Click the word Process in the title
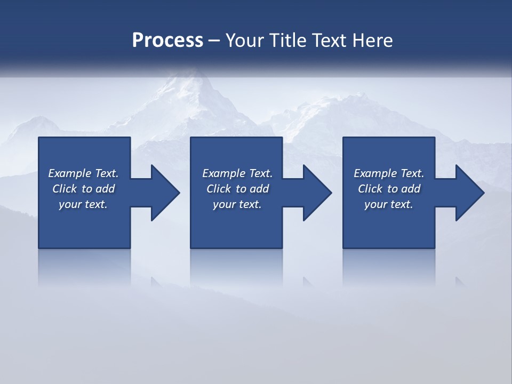coord(167,41)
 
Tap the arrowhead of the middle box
coord(316,193)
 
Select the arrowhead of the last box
coord(469,193)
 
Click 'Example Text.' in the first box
coord(83,173)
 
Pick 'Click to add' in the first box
coord(83,189)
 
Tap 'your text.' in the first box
coord(83,204)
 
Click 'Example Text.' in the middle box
coord(237,173)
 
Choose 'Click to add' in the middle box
coord(237,189)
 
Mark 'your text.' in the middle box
coord(237,204)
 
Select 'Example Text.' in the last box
coord(389,173)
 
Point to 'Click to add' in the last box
coord(389,189)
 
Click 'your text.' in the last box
coord(389,204)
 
